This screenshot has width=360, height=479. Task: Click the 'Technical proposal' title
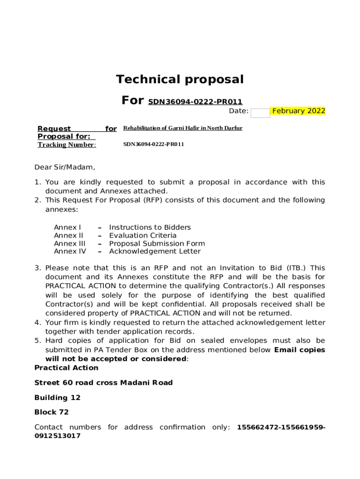click(180, 80)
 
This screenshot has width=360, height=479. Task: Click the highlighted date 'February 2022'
click(299, 111)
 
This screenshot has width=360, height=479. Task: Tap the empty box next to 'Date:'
click(260, 113)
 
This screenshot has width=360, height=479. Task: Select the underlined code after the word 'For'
click(195, 102)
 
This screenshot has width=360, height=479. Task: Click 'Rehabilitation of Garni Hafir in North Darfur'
click(183, 128)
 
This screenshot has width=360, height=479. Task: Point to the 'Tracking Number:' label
click(67, 145)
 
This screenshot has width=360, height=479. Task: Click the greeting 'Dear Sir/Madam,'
click(65, 167)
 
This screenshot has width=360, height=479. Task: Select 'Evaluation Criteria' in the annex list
click(143, 235)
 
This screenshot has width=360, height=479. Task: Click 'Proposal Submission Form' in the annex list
click(157, 243)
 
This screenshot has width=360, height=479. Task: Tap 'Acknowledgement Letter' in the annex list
click(155, 251)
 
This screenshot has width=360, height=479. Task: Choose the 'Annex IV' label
click(70, 251)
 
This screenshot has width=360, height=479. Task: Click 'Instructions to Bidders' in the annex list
click(150, 227)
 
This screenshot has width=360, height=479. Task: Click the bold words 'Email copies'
click(300, 350)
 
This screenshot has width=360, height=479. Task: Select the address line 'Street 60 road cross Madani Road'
click(103, 383)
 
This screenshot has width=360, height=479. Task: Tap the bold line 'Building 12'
click(58, 398)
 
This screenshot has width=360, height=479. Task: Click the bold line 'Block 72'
click(51, 412)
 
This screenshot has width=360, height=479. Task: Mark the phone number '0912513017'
click(58, 436)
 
